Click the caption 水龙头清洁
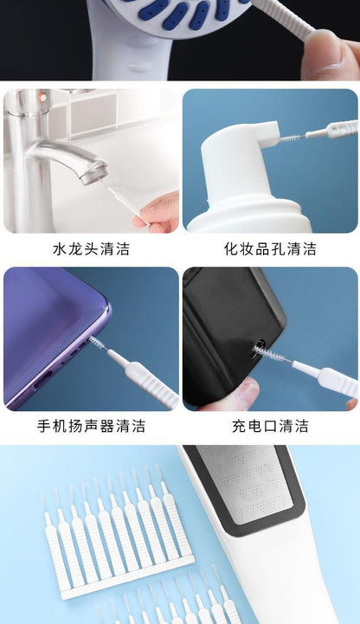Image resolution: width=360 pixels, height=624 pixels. [x=91, y=249]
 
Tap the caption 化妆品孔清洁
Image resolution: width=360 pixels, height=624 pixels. [x=270, y=249]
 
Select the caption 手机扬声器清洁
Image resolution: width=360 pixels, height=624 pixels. [x=91, y=426]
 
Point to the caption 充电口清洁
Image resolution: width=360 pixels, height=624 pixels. [x=270, y=426]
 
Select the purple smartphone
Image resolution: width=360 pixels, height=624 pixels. [x=48, y=338]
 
